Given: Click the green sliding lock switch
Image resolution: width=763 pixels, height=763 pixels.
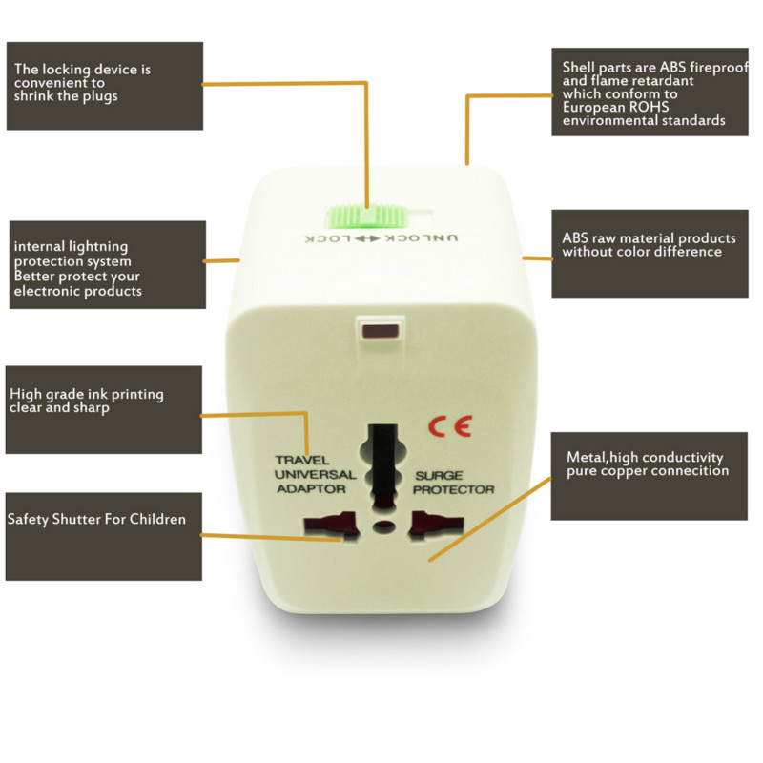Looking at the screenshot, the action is coord(366,217).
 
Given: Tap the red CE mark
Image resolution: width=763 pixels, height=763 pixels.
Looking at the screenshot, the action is coord(450,426).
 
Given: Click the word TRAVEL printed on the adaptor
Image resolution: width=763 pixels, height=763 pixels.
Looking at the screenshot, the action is coord(302,460).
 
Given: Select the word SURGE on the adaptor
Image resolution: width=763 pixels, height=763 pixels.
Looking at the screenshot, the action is coord(439,475).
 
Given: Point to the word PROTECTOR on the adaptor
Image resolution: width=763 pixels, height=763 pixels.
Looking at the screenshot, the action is coord(454,489).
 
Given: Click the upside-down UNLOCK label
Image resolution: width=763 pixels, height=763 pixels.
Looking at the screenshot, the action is coord(422,237).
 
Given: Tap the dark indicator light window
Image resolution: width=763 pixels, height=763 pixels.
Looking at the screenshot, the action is coord(381,332).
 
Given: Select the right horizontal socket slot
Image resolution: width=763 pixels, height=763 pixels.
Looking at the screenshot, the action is coord(438,526).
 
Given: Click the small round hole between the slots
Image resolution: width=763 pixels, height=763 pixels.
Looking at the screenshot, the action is coord(384,526).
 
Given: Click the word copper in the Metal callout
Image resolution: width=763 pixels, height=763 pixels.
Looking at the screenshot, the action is coord(624,471).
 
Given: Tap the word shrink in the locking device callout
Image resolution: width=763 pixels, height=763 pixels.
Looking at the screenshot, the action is coord(33,96).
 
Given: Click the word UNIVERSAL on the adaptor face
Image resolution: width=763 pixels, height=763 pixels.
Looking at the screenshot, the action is coord(316,474).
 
